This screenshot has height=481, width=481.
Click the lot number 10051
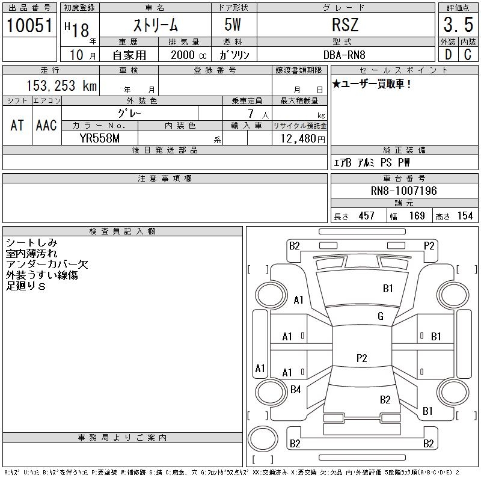[x=30, y=25]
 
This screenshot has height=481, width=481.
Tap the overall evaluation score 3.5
[x=458, y=25]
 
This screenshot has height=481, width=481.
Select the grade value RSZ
[x=345, y=25]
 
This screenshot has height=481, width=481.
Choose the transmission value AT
[x=17, y=125]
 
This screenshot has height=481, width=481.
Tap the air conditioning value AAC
[x=46, y=125]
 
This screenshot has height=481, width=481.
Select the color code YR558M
[x=100, y=138]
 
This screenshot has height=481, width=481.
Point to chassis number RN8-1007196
[x=403, y=191]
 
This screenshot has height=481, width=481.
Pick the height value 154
[x=464, y=216]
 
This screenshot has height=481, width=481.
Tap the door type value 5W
[x=233, y=25]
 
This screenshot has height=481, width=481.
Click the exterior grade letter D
[x=447, y=55]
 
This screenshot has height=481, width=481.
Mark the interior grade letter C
[x=468, y=55]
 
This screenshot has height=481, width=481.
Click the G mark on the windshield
[x=380, y=316]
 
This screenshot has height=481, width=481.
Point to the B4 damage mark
[x=295, y=390]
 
